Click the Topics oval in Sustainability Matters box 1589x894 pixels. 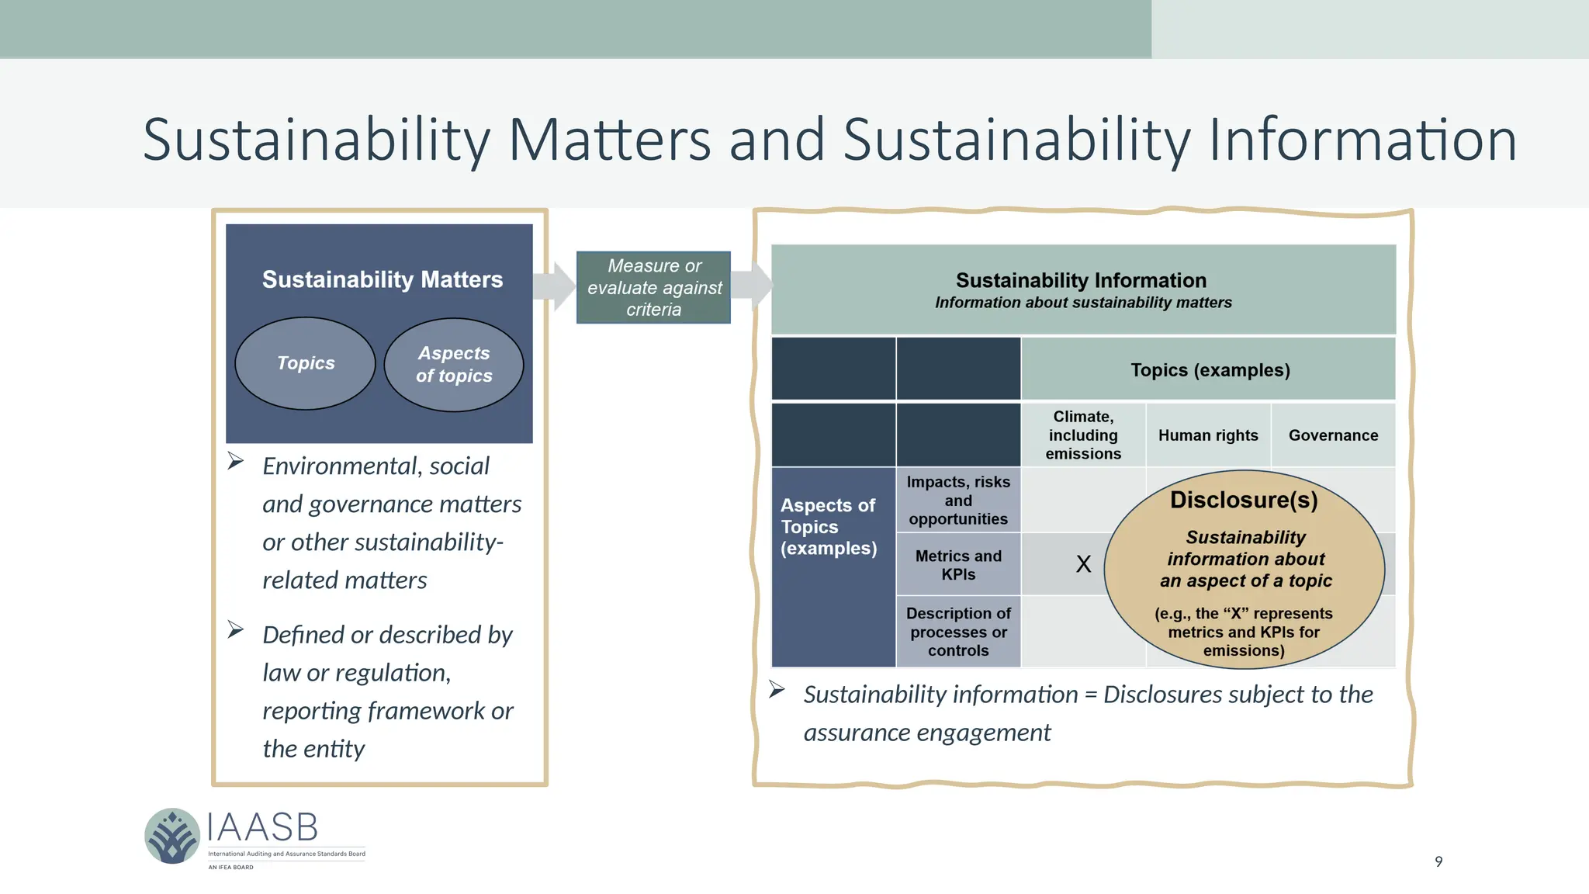305,363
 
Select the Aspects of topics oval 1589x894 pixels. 454,365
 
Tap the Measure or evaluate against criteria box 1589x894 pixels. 653,287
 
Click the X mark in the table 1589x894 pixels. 1083,564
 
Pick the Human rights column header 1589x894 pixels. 1208,435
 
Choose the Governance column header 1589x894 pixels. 1333,435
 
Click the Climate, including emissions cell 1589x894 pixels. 1083,435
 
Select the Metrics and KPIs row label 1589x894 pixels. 958,565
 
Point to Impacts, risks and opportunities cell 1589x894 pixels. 958,501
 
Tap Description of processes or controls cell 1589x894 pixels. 958,632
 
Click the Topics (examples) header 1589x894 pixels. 1210,370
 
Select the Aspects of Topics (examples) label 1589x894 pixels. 828,527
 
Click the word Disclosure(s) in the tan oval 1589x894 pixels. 1244,500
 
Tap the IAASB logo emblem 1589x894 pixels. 172,836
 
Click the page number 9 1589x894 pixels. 1438,861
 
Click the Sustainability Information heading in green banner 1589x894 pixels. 1081,280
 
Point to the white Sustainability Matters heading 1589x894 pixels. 382,279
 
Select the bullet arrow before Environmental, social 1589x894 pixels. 236,462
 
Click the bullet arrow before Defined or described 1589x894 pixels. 236,629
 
